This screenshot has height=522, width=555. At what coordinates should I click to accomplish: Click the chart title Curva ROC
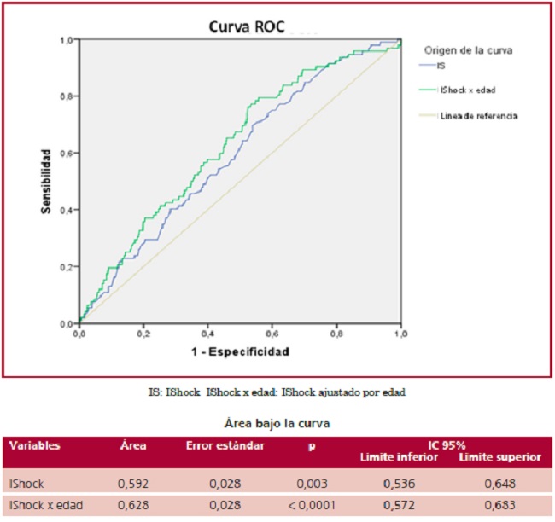[248, 26]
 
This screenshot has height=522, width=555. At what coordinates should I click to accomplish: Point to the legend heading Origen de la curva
[468, 50]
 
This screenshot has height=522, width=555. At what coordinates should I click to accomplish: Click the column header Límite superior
[500, 456]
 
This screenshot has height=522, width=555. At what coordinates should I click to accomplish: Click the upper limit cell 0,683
[500, 506]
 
